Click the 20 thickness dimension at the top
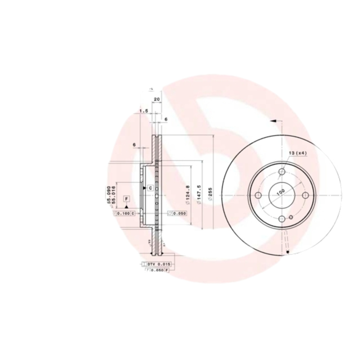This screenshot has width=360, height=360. point(157,99)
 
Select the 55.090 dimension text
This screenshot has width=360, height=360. point(108,194)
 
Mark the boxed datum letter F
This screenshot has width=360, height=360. point(126,198)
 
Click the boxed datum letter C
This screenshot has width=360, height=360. point(150,187)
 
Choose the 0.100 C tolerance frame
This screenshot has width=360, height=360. point(124,213)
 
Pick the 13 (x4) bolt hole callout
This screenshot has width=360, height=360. point(297,154)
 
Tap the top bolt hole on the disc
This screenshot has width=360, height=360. point(282,171)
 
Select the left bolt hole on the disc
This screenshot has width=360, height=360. point(258,195)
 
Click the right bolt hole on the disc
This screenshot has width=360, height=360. point(306,195)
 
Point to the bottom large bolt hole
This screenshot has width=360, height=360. point(282,219)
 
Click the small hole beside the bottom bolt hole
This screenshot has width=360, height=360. point(291,218)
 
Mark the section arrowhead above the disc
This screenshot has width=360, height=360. point(273,121)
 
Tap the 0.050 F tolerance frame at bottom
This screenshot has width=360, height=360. point(157,270)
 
